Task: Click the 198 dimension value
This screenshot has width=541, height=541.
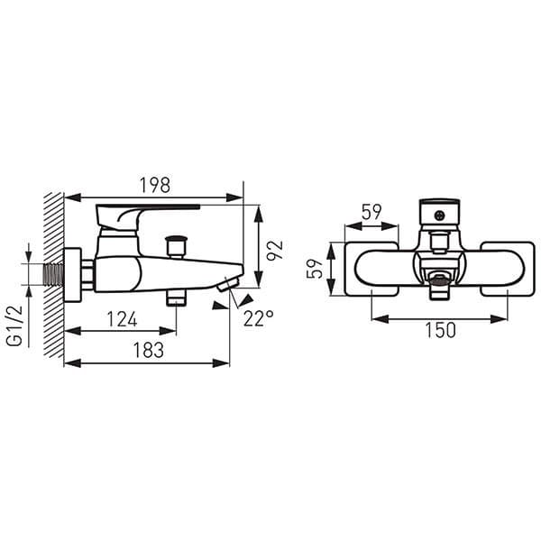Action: click(x=155, y=186)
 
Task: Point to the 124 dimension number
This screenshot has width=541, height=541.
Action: click(x=122, y=318)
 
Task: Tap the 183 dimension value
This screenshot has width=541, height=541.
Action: click(x=147, y=350)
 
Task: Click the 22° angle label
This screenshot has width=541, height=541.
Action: click(x=258, y=318)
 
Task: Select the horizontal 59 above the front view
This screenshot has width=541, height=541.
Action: click(x=371, y=214)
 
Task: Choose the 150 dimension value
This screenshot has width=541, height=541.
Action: click(x=440, y=330)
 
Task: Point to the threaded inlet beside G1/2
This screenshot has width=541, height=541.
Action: click(x=53, y=273)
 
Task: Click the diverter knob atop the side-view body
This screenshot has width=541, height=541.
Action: click(x=176, y=244)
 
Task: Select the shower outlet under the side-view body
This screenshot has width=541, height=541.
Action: click(x=176, y=298)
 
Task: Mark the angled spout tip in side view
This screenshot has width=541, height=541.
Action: click(x=226, y=286)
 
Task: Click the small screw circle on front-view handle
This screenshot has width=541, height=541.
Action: click(x=439, y=215)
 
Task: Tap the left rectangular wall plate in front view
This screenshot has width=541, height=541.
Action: click(x=371, y=269)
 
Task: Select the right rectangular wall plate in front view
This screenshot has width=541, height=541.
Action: click(x=508, y=269)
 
